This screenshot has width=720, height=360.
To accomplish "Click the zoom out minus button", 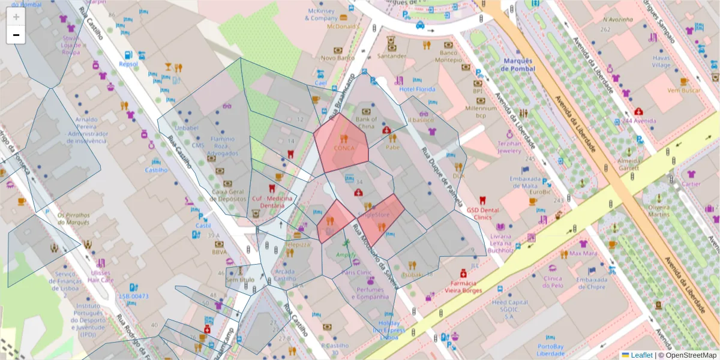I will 16,35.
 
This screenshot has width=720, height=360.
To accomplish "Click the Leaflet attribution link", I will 641,355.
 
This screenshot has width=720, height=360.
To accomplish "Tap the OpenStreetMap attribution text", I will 690,355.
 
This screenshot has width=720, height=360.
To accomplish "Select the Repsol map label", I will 128,64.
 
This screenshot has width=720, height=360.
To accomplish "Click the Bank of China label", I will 366,122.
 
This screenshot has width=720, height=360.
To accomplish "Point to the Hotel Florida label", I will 416,89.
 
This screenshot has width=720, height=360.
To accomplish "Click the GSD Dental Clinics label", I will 482,214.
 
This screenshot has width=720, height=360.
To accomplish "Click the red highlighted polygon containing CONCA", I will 342,144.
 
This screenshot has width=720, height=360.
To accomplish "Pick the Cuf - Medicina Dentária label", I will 272,202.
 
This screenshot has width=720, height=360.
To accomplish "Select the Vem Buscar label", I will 683,90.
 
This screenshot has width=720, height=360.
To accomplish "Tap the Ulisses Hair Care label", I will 100,276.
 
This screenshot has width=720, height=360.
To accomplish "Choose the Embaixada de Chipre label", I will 591,283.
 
